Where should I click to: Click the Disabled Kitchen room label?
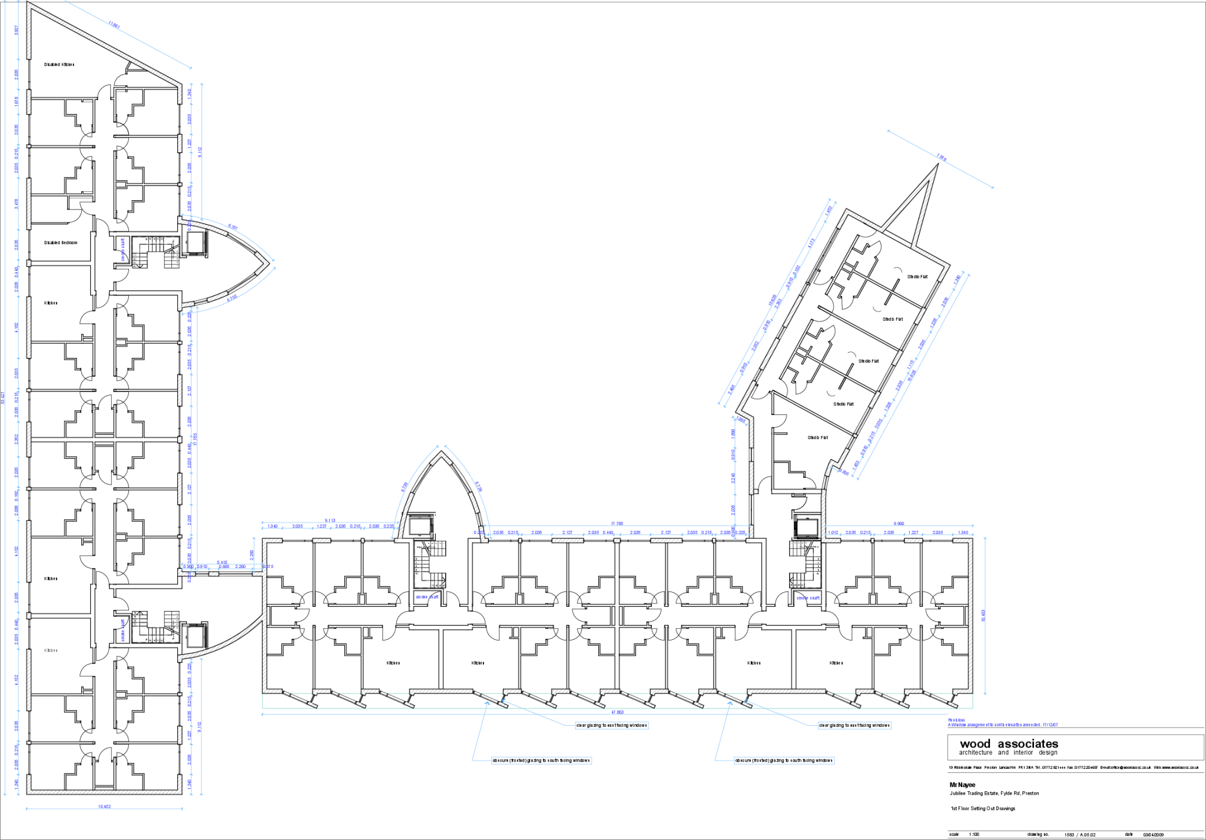pos(59,65)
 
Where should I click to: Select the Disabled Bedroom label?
pos(61,243)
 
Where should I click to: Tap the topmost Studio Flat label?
pos(917,277)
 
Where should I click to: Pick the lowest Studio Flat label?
pos(817,438)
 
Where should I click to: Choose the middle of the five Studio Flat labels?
pos(868,361)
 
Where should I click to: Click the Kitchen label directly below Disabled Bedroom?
pos(51,303)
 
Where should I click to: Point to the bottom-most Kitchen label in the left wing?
pos(51,650)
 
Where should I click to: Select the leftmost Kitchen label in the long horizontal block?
pos(393,663)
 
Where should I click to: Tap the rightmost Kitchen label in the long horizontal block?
pos(836,663)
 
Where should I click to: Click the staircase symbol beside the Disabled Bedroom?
pos(171,258)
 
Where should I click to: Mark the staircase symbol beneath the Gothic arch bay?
pos(436,548)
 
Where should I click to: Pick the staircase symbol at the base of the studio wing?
pos(799,548)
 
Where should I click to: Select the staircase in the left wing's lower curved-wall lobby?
pos(171,622)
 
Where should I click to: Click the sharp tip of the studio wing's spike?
pos(935,170)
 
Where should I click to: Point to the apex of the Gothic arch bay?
pos(440,453)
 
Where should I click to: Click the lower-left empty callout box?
pos(541,761)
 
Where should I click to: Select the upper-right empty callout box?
pos(854,725)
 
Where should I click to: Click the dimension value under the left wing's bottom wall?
pos(104,806)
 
